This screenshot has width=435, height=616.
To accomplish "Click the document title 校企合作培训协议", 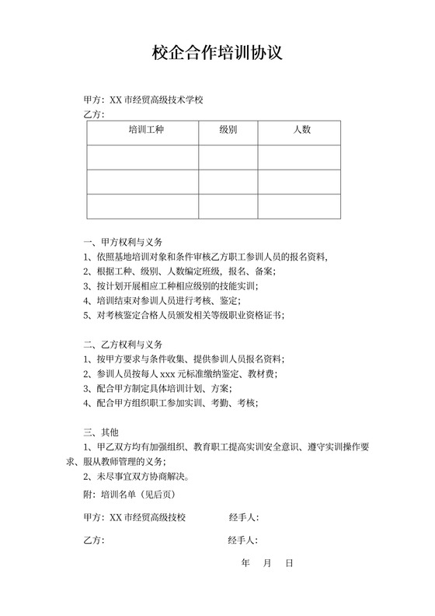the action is click(x=217, y=53).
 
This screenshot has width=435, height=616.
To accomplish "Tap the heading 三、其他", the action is click(x=101, y=432).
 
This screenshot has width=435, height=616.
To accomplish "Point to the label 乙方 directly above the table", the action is click(x=93, y=115).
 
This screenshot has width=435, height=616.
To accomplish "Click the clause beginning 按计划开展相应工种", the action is click(x=169, y=285).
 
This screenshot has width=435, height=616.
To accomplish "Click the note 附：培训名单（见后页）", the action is click(x=130, y=493).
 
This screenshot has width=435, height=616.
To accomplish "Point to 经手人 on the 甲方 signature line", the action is click(x=244, y=517).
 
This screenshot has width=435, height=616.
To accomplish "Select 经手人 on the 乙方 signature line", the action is click(x=244, y=540).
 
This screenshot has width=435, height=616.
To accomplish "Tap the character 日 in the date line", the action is click(x=289, y=562).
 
